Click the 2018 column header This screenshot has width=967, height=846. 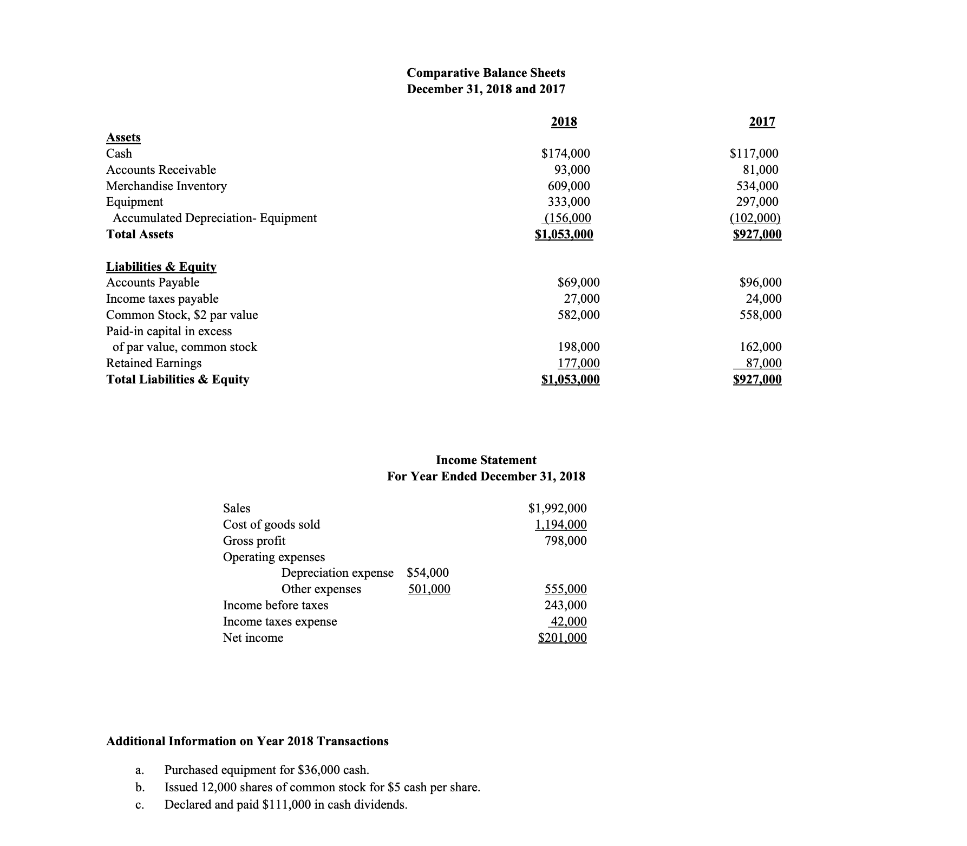pos(564,122)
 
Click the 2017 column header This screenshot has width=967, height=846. pos(762,122)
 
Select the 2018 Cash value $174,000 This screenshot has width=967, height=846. pos(566,154)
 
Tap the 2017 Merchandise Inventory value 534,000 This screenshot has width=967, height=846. pos(757,186)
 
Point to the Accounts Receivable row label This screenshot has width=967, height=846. pos(161,170)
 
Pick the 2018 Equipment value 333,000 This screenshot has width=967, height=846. pos(569,202)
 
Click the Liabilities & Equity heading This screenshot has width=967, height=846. pos(161,266)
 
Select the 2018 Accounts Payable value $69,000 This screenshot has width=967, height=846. pos(578,283)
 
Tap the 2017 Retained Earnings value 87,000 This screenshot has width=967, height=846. pos(763,363)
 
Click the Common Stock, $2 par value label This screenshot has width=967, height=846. pos(182,315)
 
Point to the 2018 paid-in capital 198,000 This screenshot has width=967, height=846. pos(579,347)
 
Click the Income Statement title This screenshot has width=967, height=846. pos(486,460)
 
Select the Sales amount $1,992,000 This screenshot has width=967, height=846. pos(557,509)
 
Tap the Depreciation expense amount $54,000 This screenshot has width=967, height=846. pos(427,573)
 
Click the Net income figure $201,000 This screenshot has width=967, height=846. pos(562,638)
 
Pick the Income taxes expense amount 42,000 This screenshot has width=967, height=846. pos(568,622)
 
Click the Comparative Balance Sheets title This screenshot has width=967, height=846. pos(486,73)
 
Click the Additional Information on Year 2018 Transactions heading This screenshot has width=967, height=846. pos(247,741)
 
